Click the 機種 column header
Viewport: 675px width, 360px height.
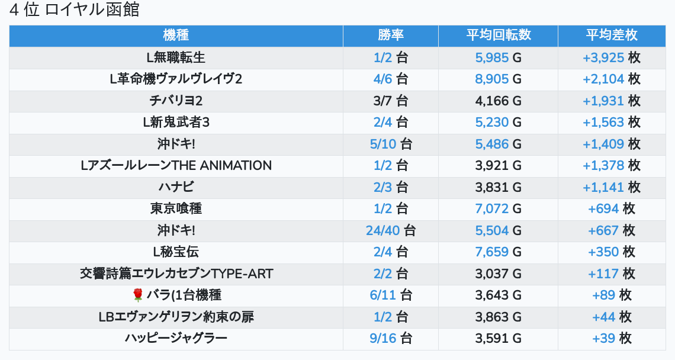click(176, 35)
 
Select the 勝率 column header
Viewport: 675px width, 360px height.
click(391, 35)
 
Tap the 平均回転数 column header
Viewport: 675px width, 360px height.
click(498, 35)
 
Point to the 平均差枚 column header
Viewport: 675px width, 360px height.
click(612, 35)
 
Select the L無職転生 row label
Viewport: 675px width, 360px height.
click(176, 57)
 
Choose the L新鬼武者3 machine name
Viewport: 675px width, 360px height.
click(176, 122)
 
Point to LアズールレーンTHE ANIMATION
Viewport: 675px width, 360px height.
click(176, 165)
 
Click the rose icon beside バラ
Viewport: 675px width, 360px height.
click(138, 295)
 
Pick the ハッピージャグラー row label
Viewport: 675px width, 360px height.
click(176, 338)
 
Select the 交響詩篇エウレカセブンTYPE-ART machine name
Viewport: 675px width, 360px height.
click(176, 274)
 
